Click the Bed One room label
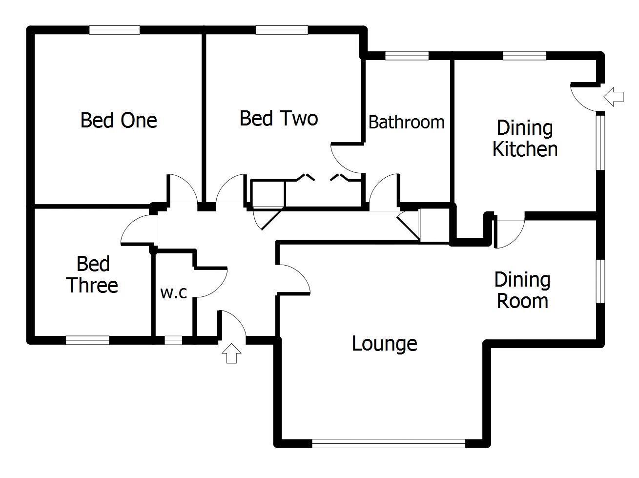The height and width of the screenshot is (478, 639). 119,120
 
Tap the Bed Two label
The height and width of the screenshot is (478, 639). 279,118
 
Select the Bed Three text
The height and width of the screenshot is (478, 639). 92,275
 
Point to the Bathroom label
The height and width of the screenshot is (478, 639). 406,122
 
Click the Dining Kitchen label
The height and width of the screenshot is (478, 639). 525,139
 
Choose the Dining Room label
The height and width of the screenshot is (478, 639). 522,290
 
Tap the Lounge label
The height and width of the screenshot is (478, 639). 384,344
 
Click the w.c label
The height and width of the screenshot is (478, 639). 174,293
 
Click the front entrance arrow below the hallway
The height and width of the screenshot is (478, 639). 232,353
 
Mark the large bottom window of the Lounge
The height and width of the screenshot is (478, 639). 389,443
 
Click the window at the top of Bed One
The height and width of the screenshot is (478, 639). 115,31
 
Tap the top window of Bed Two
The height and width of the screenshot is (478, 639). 282,31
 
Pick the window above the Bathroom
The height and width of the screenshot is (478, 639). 407,56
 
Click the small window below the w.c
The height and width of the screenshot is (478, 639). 173,340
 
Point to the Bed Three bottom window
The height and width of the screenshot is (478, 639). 87,340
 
